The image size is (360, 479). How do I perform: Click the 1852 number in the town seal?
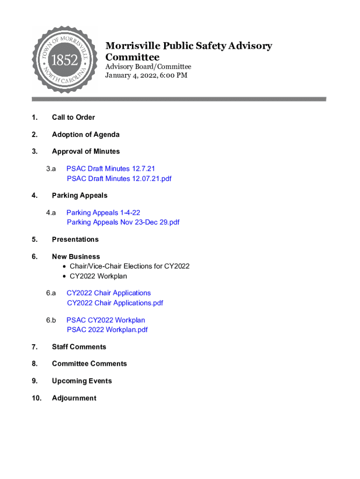pos(65,60)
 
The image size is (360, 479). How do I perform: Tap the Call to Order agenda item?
pos(73,117)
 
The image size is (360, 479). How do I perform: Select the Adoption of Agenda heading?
pos(86,135)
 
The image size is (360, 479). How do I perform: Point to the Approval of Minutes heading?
pos(86,152)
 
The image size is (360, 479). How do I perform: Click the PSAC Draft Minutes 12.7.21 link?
pos(111,168)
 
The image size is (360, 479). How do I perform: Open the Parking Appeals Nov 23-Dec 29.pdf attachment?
pos(123,222)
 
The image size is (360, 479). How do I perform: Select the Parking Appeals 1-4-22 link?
pos(103,213)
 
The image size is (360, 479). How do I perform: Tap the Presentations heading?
pos(75,239)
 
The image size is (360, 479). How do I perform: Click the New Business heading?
pos(76,257)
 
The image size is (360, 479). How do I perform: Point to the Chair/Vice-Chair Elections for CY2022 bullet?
pos(130,266)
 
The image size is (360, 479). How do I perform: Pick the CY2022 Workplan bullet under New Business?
pos(98,276)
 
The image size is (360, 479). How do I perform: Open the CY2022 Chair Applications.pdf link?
pos(115,303)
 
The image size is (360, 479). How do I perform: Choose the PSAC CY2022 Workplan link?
pos(106,320)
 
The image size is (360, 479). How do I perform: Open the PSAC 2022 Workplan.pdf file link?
pos(107,330)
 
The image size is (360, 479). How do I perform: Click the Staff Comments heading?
pos(79,347)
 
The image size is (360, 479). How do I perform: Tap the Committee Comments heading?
pos(89,364)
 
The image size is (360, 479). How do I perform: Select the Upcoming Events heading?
pos(82,381)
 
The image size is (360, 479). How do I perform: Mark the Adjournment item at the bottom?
pos(74,399)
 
